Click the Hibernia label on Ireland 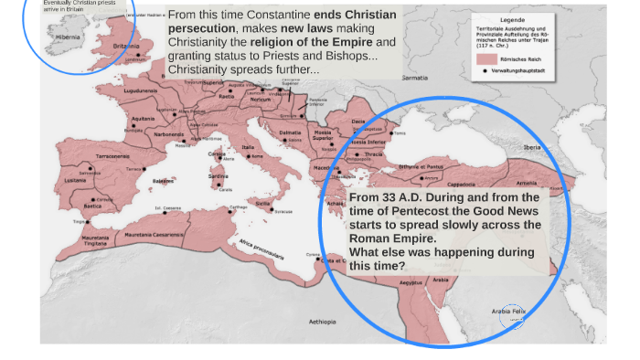tap(68, 37)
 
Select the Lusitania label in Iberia tap(76, 180)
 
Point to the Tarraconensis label tap(113, 156)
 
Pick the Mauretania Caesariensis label tap(151, 235)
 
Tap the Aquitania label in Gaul tap(143, 119)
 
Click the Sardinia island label tap(218, 176)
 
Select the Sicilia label tap(263, 203)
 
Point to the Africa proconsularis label tap(261, 249)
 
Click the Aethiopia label tap(322, 322)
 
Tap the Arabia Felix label tap(508, 312)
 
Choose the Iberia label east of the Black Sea tap(531, 147)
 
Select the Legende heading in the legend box tap(512, 20)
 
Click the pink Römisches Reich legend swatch tap(486, 58)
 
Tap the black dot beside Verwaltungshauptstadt tap(485, 70)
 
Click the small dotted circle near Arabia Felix tap(512, 317)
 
